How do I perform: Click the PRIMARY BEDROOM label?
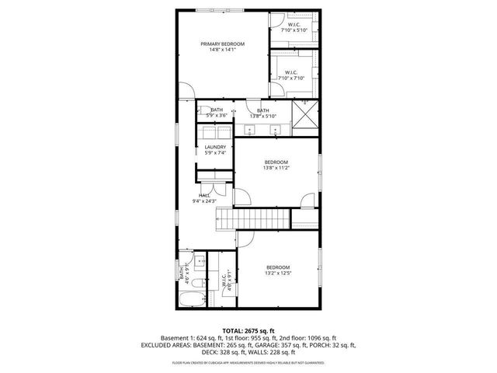point(223,44)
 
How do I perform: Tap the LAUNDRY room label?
point(215,147)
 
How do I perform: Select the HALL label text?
point(204,195)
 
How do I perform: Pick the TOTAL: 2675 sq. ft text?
point(248,330)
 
